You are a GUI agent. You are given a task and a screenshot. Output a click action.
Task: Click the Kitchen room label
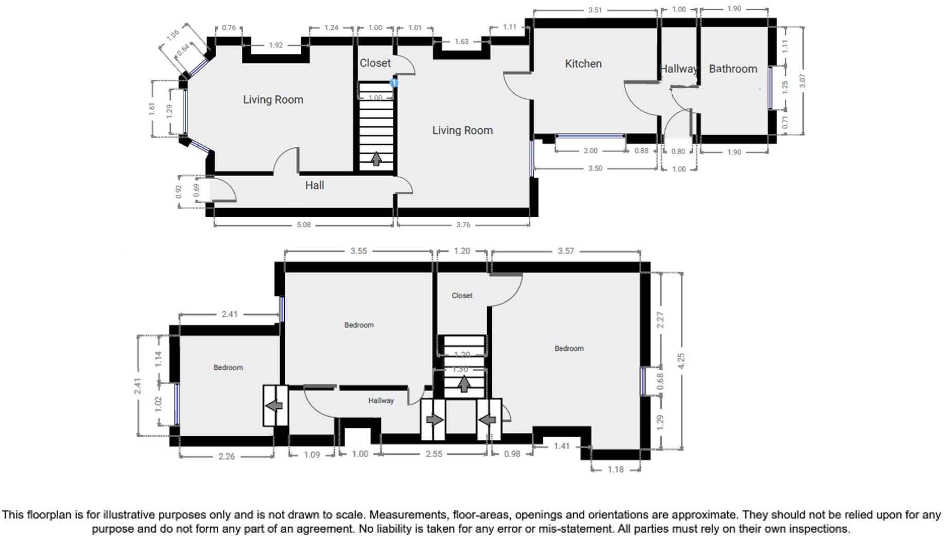583,64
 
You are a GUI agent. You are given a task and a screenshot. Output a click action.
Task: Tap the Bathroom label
733,69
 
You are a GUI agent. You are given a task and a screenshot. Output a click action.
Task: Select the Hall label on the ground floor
314,185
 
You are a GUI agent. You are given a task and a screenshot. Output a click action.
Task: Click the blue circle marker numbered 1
394,83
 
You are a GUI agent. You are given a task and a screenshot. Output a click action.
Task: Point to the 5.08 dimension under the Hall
304,225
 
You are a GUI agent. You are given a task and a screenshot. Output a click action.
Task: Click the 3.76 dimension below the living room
463,225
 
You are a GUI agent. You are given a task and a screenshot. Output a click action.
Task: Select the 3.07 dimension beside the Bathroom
802,81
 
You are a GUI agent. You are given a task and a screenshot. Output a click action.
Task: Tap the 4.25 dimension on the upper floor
681,361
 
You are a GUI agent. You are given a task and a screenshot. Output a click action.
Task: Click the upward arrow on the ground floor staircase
376,159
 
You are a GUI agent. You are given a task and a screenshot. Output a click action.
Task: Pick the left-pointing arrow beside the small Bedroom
274,406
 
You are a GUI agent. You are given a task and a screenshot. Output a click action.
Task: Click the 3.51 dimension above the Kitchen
595,10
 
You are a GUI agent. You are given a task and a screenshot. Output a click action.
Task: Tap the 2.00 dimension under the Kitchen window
591,151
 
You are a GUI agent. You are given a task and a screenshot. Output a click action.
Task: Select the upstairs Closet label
462,296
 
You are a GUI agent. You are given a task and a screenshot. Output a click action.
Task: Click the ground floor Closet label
375,63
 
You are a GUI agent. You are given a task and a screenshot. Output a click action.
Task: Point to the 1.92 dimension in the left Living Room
276,45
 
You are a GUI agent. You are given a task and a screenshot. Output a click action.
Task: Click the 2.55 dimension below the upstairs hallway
434,454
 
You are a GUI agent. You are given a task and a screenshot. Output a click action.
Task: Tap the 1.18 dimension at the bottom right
615,469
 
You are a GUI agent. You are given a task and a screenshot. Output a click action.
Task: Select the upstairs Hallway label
381,400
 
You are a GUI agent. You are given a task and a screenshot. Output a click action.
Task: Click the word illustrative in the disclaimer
129,515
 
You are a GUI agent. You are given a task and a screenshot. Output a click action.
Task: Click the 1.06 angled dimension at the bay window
173,34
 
